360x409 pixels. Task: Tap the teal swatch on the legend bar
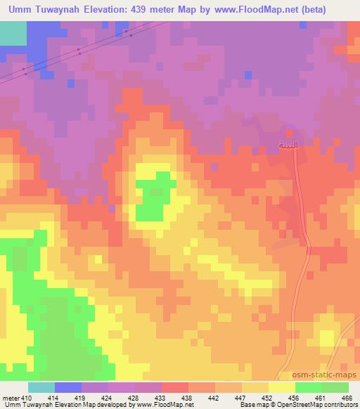[41, 387]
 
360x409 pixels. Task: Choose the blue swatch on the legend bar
[68, 387]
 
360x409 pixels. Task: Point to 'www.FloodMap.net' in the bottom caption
[154, 405]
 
